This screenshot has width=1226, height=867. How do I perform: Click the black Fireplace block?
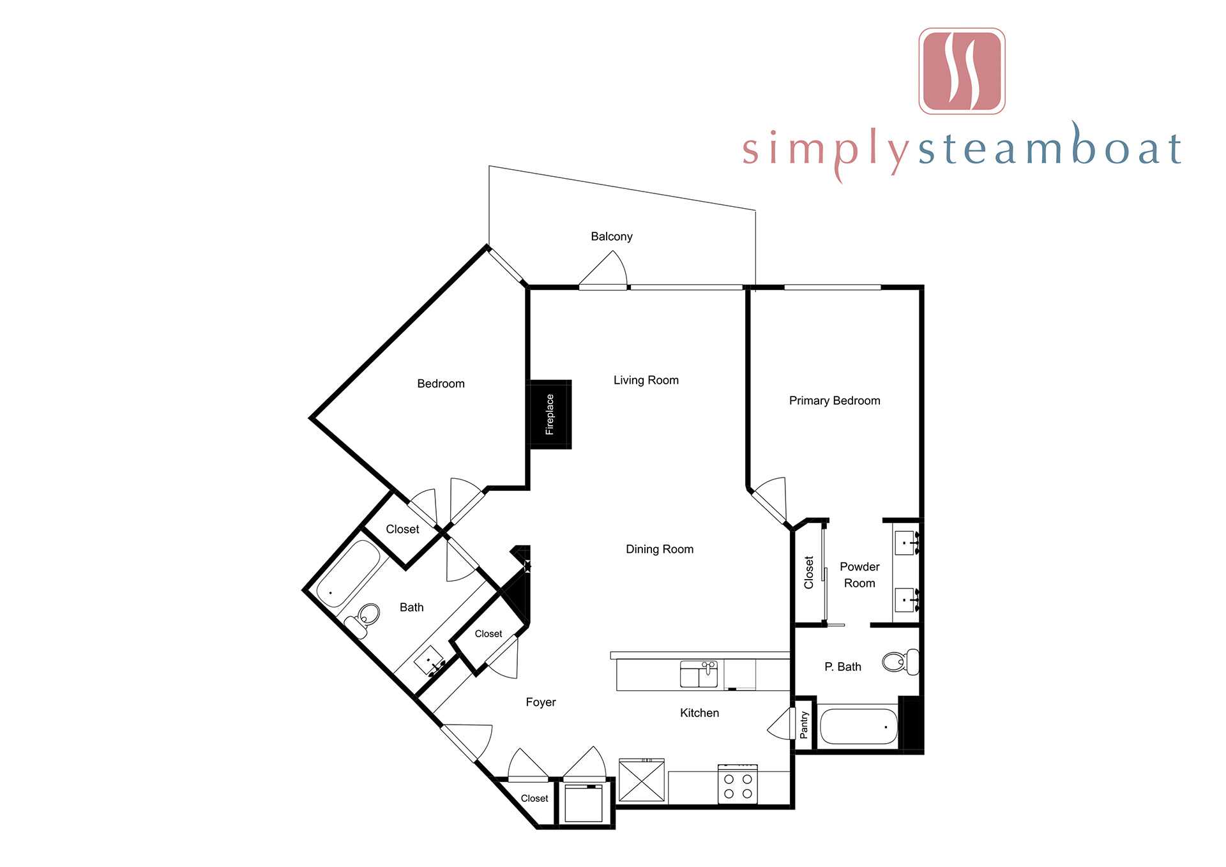click(549, 414)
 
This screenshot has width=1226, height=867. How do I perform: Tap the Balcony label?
click(612, 236)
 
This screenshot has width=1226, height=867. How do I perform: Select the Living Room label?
click(646, 380)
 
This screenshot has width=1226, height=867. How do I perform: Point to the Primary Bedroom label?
click(835, 400)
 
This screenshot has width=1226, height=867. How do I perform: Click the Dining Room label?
click(660, 549)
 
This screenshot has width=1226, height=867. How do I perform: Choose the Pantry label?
click(803, 725)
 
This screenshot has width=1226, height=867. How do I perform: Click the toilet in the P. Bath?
click(901, 661)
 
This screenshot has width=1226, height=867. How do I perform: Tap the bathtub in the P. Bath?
click(858, 727)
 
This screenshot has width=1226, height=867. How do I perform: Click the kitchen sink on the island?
click(699, 674)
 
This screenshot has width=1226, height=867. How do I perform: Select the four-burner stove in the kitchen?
click(738, 784)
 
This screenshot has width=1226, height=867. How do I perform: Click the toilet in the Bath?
click(361, 620)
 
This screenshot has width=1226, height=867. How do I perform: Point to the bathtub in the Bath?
click(349, 575)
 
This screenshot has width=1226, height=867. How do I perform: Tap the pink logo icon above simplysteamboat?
click(962, 71)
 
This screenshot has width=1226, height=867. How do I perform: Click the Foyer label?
click(541, 702)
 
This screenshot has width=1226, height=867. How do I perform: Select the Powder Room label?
click(859, 575)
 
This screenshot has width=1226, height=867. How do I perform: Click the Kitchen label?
click(699, 713)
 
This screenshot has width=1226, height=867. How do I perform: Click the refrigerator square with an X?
click(642, 780)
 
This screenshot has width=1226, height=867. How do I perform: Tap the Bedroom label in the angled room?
click(441, 384)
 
